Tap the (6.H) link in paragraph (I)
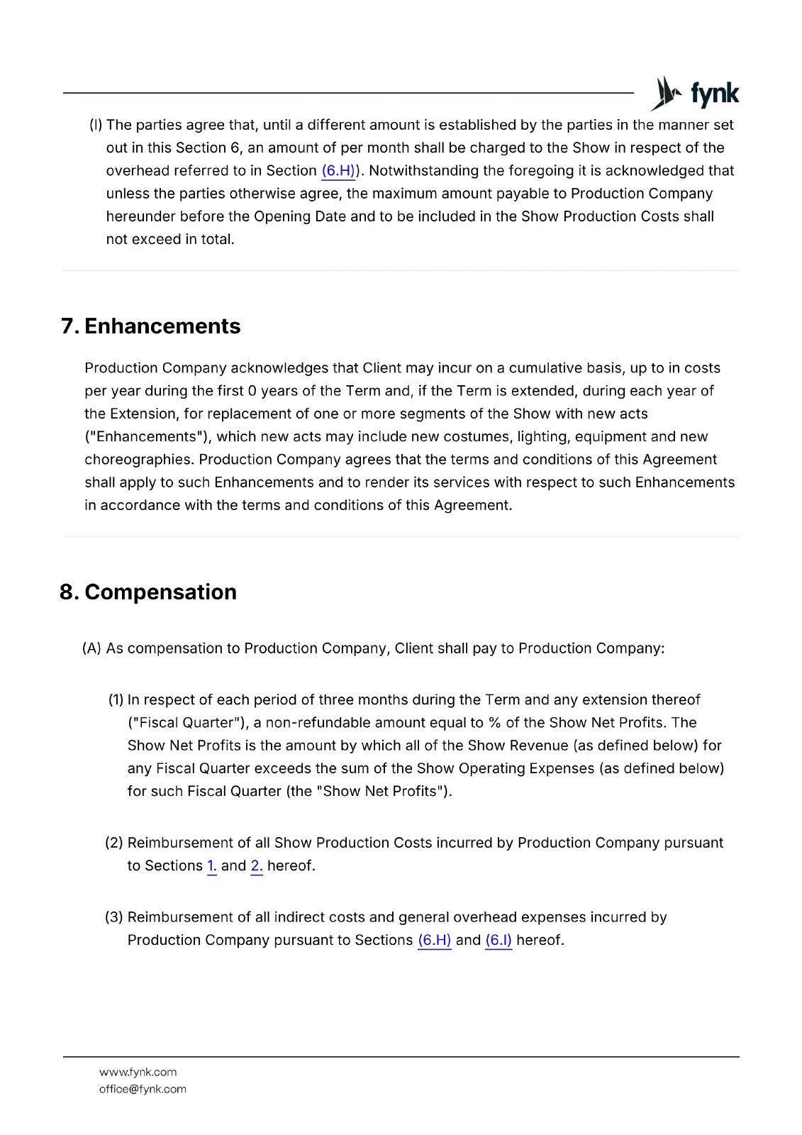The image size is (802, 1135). [x=338, y=171]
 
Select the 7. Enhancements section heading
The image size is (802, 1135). [x=151, y=326]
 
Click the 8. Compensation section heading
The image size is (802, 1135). [x=148, y=592]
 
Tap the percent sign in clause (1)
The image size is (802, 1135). [x=494, y=723]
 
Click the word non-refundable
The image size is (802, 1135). [x=318, y=723]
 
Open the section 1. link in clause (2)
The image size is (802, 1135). [x=211, y=866]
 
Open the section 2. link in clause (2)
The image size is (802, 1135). [x=256, y=866]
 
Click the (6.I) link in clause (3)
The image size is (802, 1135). [x=498, y=941]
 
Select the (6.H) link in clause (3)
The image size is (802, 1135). [x=434, y=941]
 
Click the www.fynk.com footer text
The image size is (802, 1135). [x=138, y=1073]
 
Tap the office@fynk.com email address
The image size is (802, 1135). [x=143, y=1090]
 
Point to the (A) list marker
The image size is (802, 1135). [x=92, y=649]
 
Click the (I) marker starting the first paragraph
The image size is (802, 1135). [x=96, y=126]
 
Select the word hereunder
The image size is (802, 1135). [x=139, y=217]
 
